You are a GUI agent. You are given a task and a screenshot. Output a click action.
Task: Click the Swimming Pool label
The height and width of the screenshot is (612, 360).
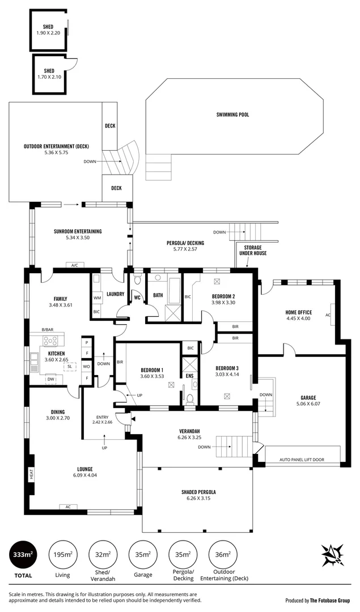click(x=232, y=114)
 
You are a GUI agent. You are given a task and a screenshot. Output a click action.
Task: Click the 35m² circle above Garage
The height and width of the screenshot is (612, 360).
click(x=143, y=555)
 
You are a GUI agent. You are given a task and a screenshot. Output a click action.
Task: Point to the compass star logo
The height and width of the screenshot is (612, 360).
click(x=333, y=555)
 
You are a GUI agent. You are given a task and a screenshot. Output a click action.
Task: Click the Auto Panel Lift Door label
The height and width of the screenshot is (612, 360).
click(x=303, y=460)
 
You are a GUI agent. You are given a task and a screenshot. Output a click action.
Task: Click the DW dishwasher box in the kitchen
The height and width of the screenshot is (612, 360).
click(x=50, y=380)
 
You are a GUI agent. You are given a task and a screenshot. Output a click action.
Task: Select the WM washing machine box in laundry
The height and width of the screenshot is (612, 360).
click(x=96, y=297)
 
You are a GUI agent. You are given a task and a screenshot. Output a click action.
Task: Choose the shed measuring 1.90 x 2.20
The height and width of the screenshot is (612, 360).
click(x=48, y=29)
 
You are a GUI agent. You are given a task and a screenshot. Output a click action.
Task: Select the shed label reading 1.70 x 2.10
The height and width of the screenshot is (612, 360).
click(x=49, y=74)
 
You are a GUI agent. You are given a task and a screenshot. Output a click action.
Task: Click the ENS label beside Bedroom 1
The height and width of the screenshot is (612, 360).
click(x=190, y=375)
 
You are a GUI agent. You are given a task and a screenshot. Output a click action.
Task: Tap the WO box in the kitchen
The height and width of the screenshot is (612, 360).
click(x=87, y=367)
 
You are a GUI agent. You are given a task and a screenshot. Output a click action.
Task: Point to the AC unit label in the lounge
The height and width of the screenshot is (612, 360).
click(x=68, y=507)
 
